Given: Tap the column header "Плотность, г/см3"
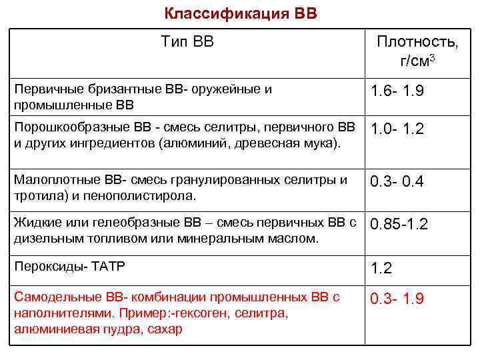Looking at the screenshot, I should point(417,51).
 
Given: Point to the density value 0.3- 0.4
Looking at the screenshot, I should point(397,181).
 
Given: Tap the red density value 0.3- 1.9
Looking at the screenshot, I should point(397,299).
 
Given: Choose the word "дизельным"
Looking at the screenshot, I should point(50,238).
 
